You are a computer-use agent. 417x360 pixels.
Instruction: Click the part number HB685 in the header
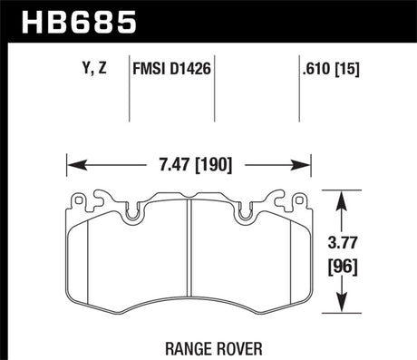tap(79, 22)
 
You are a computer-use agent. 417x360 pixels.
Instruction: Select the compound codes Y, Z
tap(94, 68)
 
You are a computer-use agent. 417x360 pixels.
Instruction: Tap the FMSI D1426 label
tap(171, 69)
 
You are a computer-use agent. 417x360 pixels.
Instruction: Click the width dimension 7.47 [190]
tap(196, 165)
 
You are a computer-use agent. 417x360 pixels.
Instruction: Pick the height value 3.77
tap(343, 243)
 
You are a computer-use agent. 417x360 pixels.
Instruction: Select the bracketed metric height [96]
tap(343, 267)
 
